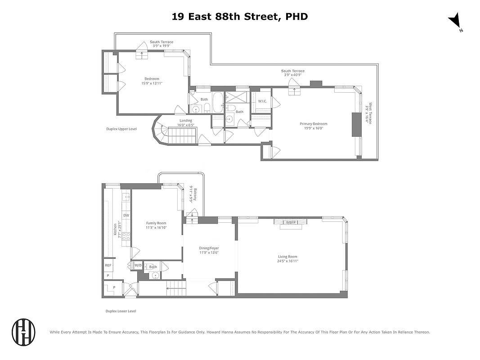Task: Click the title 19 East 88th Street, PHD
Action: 240,17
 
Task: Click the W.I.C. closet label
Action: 263,101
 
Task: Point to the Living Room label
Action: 288,259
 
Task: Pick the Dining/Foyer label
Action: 209,250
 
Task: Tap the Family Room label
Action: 156,225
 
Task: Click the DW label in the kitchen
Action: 126,216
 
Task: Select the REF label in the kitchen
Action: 108,265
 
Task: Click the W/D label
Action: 138,266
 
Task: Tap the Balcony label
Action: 192,195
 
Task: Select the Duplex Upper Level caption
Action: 121,129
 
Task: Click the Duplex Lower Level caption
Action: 121,311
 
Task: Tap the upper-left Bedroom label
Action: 152,81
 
